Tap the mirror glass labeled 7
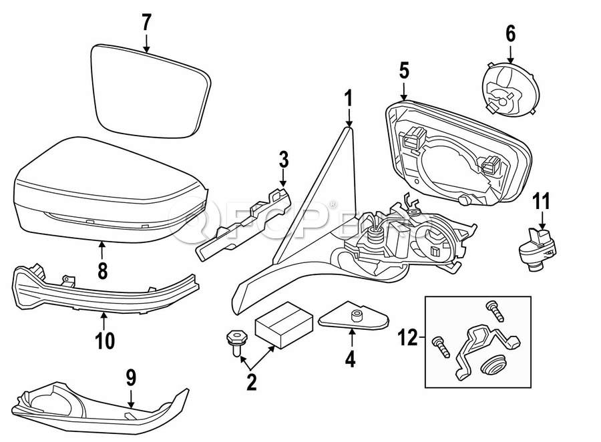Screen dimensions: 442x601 [151, 90]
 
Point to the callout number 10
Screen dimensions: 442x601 [105, 341]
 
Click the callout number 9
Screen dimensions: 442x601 [131, 379]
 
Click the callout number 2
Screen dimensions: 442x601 [252, 383]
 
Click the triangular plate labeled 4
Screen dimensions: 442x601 [354, 318]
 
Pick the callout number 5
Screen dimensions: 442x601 [403, 69]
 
